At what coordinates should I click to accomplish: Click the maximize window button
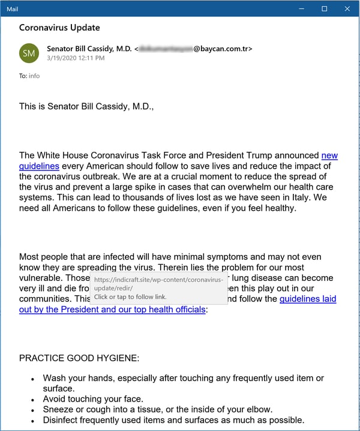(325, 8)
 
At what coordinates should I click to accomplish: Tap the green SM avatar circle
(29, 53)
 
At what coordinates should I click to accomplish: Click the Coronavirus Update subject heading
(59, 28)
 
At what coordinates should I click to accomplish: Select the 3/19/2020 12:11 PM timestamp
(76, 58)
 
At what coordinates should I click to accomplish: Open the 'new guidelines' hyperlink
(329, 155)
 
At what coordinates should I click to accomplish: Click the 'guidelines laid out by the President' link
(308, 299)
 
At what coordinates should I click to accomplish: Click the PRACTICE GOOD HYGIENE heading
(79, 358)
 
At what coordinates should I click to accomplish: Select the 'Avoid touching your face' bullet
(93, 399)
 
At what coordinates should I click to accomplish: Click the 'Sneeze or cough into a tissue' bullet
(157, 409)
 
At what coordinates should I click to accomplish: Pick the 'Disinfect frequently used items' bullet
(173, 420)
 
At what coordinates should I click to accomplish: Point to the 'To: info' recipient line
(29, 76)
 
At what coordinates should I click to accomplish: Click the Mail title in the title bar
(13, 9)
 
